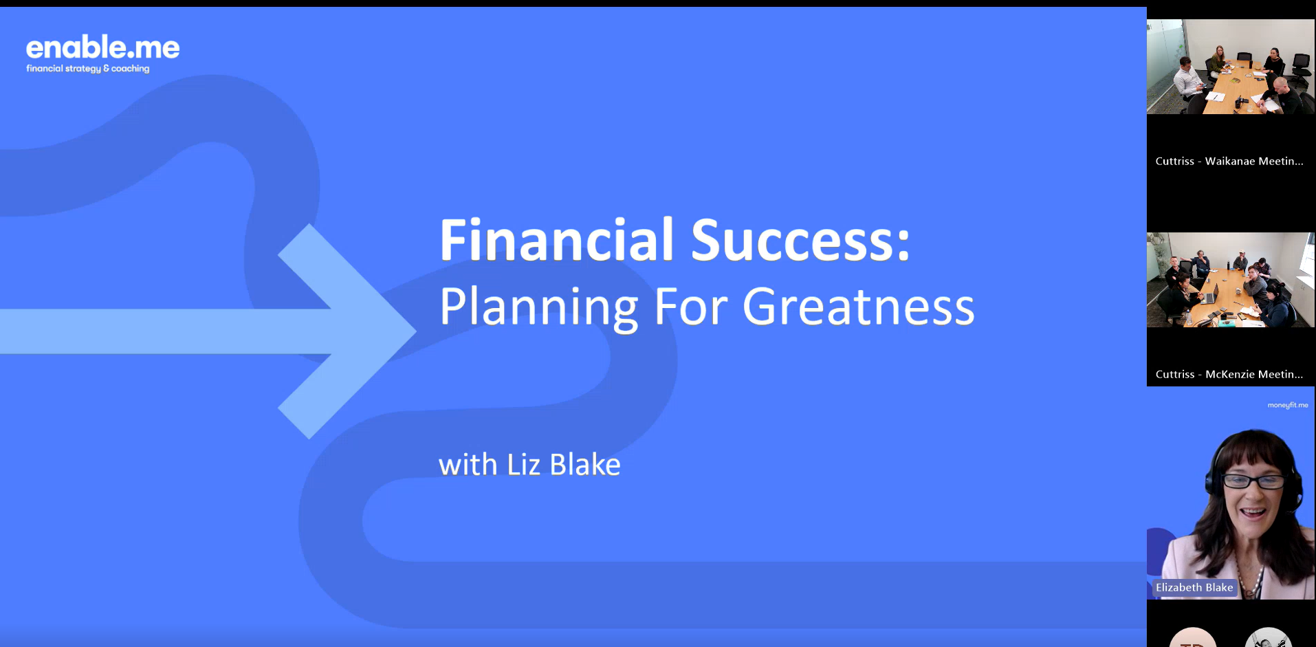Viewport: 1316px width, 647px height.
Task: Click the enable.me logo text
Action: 103,47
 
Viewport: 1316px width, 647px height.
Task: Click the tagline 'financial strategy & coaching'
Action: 88,69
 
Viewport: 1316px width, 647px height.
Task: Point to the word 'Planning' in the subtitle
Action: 539,308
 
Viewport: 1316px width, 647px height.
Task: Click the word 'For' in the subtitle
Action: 690,307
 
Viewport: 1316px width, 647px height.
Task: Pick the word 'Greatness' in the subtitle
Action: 858,307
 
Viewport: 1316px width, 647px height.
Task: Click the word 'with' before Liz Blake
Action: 468,465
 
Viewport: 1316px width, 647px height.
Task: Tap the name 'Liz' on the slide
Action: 523,465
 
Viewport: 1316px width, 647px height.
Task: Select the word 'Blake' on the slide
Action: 585,465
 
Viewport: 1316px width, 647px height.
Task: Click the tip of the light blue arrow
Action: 416,331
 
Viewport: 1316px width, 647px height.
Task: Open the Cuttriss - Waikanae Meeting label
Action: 1229,161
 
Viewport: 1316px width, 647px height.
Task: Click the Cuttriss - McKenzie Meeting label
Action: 1229,374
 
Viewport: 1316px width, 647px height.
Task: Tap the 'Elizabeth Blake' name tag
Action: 1194,587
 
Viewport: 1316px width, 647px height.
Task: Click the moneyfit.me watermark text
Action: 1288,406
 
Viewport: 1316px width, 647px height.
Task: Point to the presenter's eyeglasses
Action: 1253,481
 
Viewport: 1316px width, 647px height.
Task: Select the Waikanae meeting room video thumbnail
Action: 1231,67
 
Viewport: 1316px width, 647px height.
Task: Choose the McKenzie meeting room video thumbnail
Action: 1231,280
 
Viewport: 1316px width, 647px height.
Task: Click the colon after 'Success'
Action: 903,248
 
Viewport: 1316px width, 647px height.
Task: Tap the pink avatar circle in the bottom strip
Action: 1193,637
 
